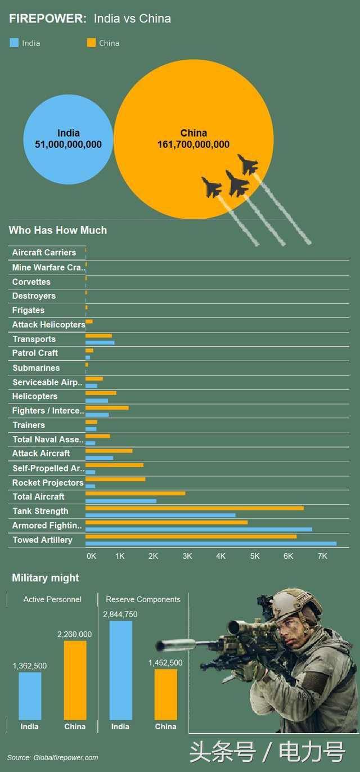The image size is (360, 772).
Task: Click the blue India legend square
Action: (x=14, y=43)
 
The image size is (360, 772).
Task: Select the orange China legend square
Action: (x=91, y=43)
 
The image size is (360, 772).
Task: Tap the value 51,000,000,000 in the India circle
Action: (x=68, y=145)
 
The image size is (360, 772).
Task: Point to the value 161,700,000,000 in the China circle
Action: (x=193, y=145)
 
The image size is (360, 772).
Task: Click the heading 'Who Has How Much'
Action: (x=57, y=230)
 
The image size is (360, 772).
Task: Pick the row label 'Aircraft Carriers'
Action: (x=44, y=253)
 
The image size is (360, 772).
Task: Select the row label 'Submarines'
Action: (x=36, y=368)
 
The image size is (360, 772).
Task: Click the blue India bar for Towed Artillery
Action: (x=210, y=544)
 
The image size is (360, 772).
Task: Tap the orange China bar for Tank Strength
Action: (x=194, y=508)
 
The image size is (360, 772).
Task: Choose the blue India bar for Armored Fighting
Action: (x=198, y=529)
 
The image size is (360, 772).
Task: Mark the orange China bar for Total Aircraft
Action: (x=135, y=493)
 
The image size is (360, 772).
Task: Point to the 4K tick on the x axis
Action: (x=220, y=556)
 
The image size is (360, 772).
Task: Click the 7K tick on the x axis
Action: (x=322, y=556)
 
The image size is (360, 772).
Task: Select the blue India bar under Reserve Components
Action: (x=120, y=670)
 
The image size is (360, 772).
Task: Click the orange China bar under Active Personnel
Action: (x=75, y=680)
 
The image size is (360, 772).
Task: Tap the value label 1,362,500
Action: (x=30, y=666)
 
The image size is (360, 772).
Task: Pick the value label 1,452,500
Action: (x=165, y=663)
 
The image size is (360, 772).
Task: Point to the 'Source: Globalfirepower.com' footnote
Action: (x=53, y=757)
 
